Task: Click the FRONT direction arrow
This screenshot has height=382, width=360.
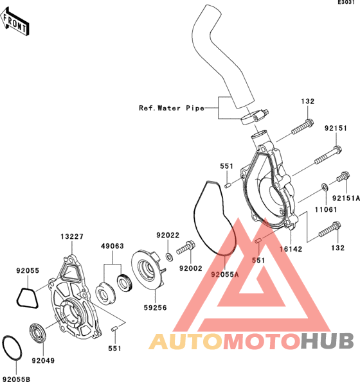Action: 15,22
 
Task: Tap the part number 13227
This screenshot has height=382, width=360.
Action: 72,236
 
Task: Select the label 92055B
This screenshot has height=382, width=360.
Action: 17,379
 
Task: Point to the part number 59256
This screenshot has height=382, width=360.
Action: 155,308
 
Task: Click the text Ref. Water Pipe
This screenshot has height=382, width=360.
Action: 172,108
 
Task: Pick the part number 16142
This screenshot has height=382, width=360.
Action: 291,249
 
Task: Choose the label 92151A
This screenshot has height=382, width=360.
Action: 346,198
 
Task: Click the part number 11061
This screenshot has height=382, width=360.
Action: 326,209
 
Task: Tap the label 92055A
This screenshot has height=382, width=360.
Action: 225,275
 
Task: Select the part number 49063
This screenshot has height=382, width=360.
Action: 113,246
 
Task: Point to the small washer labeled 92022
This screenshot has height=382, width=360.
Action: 169,257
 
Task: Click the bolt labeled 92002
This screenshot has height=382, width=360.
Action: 186,247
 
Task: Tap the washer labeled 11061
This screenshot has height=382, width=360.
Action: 325,187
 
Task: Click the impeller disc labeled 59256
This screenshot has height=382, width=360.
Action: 148,270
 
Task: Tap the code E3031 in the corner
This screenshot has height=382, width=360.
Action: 346,2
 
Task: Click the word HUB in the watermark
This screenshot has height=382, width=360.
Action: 327,341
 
